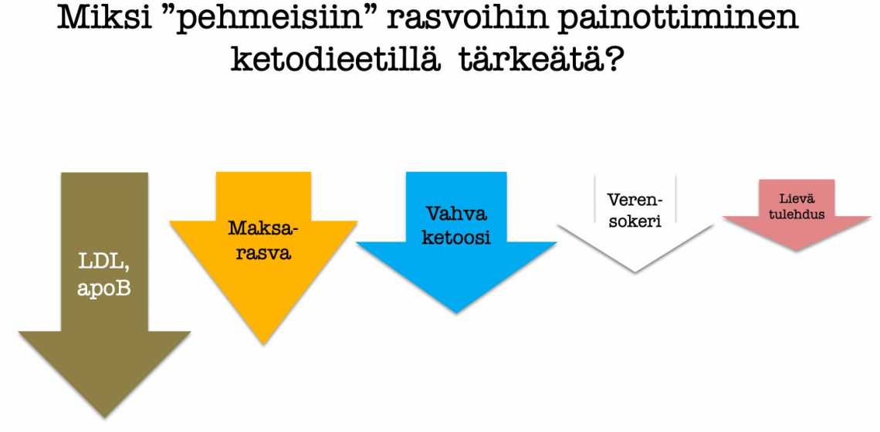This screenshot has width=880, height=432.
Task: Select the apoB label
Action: click(x=104, y=289)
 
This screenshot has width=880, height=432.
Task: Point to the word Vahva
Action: click(x=456, y=214)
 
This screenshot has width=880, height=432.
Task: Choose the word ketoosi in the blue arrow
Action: click(x=456, y=238)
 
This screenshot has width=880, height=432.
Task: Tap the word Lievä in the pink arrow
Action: click(x=797, y=198)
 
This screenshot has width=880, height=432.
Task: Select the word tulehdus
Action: click(x=797, y=214)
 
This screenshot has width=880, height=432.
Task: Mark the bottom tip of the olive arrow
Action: click(x=104, y=417)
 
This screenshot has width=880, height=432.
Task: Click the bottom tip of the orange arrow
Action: click(x=263, y=343)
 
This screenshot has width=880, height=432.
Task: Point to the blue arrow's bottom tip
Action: click(x=455, y=313)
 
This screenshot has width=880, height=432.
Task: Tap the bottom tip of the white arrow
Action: click(x=635, y=272)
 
